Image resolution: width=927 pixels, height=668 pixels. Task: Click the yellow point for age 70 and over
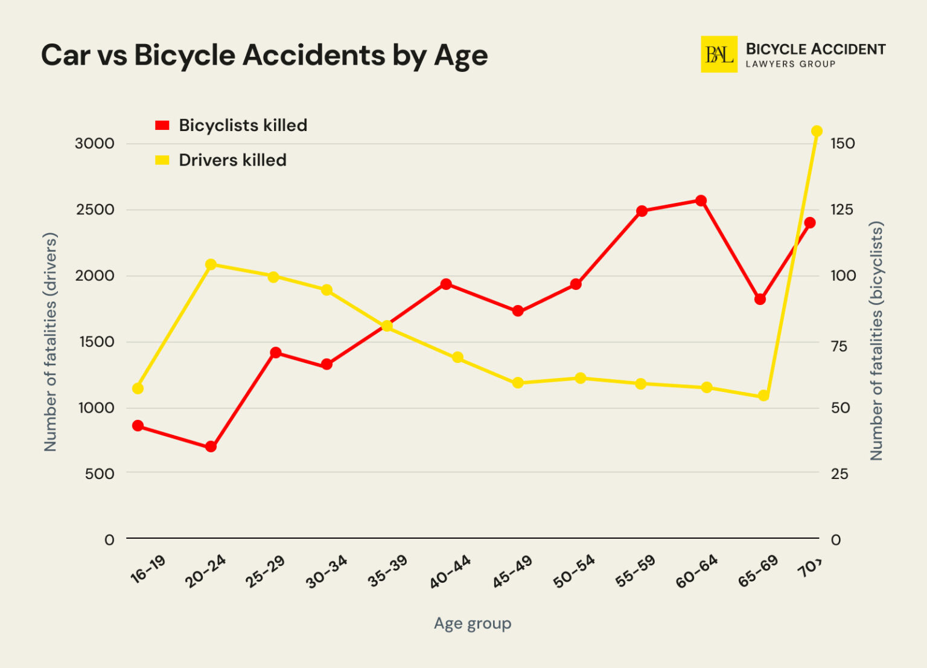(817, 131)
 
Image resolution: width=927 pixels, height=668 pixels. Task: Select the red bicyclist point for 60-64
(701, 201)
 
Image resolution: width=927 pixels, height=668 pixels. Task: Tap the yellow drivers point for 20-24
(211, 265)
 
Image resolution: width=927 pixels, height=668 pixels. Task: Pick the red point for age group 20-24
(211, 447)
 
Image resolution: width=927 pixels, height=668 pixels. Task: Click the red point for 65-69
(760, 299)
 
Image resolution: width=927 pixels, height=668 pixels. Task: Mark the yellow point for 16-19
(138, 388)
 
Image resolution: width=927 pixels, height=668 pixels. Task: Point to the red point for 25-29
(275, 352)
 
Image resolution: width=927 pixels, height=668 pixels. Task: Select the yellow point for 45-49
(517, 383)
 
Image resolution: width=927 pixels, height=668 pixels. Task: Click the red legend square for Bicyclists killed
(162, 126)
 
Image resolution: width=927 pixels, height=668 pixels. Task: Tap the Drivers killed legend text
(232, 160)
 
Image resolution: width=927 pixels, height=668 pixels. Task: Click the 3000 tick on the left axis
(94, 144)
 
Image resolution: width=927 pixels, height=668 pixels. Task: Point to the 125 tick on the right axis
(842, 210)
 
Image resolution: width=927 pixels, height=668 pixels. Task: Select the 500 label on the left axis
(100, 474)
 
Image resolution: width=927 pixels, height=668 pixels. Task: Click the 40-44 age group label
(450, 572)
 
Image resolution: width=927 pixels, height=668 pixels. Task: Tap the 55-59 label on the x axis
(635, 571)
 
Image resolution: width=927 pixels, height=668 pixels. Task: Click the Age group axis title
(473, 623)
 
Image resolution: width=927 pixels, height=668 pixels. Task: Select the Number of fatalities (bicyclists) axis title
(876, 341)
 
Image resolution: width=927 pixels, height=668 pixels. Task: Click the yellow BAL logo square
(718, 54)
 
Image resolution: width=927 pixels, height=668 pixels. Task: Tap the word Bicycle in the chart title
(185, 56)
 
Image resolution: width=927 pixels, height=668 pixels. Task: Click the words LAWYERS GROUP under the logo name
(790, 64)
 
